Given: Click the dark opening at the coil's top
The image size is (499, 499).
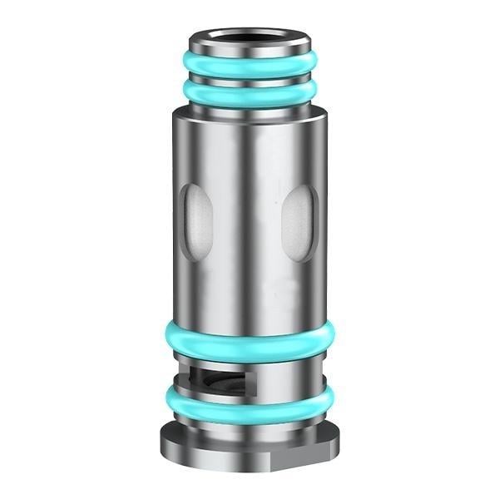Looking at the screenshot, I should (249, 37).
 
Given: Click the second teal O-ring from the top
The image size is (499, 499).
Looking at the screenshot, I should (249, 95).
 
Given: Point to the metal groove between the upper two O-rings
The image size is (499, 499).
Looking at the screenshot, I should (249, 80).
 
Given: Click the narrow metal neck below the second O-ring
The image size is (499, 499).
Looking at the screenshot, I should (249, 109).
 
